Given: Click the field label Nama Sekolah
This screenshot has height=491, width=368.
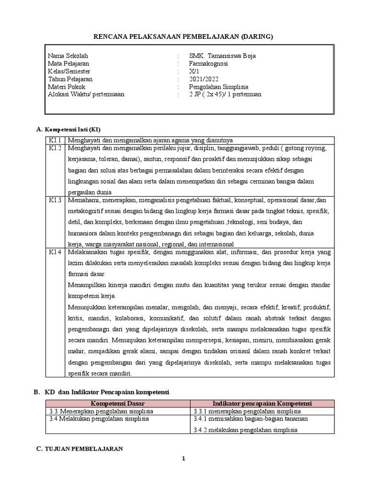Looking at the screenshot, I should pyautogui.click(x=68, y=56).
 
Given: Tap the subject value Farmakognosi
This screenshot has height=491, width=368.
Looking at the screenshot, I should pyautogui.click(x=208, y=63).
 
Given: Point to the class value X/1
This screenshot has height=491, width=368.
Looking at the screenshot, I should pyautogui.click(x=194, y=71).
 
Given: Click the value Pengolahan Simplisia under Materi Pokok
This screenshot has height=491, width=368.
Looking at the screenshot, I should pyautogui.click(x=218, y=86).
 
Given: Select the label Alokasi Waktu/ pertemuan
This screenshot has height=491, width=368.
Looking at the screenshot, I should pyautogui.click(x=86, y=94).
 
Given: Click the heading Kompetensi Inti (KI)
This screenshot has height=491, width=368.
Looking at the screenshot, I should pyautogui.click(x=72, y=129).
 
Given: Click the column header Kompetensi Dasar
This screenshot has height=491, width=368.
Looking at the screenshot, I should pyautogui.click(x=117, y=403).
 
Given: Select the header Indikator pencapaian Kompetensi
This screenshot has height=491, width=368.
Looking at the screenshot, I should pyautogui.click(x=262, y=403).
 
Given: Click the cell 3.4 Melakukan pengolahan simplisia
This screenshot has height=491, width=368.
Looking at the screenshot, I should pyautogui.click(x=99, y=419).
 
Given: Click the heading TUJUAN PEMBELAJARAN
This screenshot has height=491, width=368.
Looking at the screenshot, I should pyautogui.click(x=84, y=449).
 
